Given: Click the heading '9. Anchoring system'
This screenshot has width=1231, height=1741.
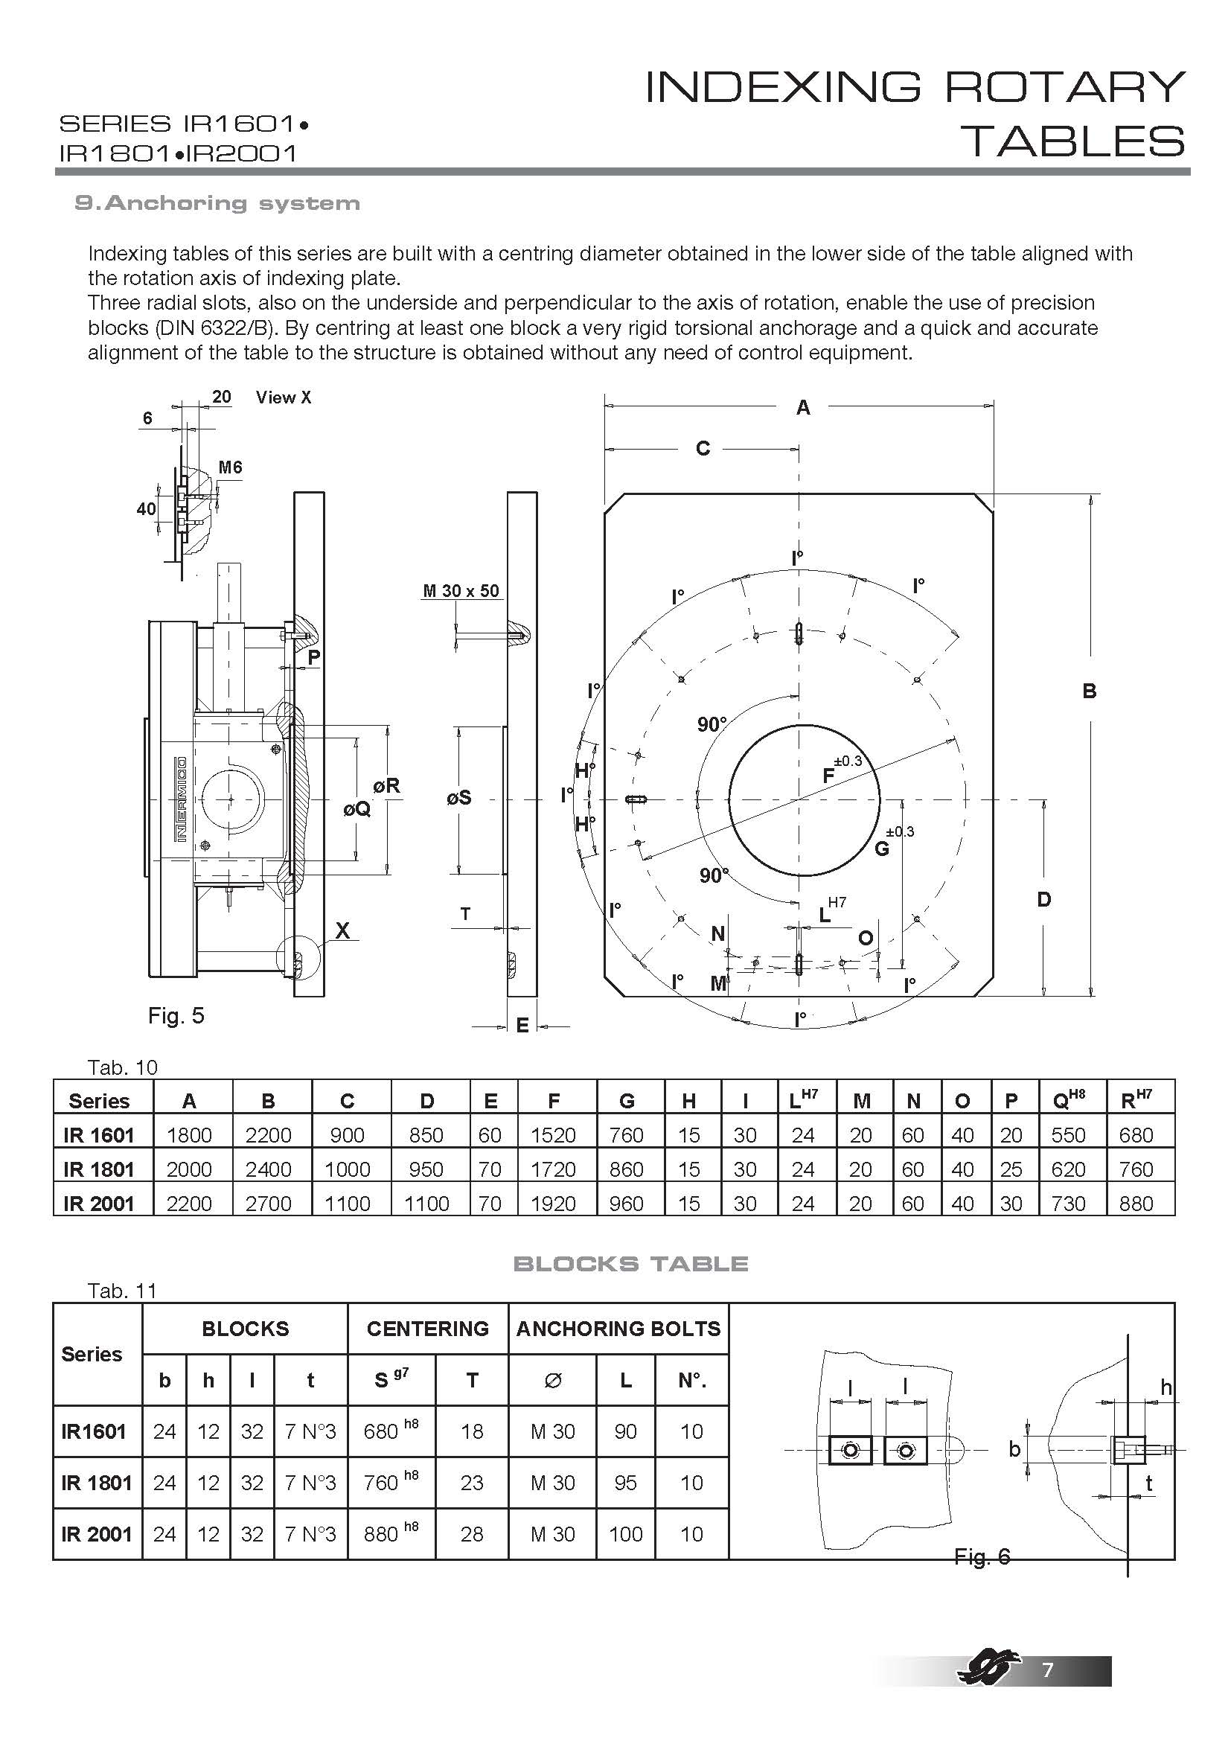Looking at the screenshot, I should (x=217, y=203).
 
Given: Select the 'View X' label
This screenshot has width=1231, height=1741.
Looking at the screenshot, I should (x=284, y=397).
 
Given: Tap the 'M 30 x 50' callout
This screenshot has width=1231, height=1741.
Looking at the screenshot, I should (x=461, y=591).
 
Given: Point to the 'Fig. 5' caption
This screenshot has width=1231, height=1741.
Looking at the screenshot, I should (x=176, y=1015).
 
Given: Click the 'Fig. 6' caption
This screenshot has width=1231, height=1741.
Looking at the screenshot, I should (x=982, y=1556).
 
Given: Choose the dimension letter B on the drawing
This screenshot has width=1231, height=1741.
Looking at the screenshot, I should (x=1090, y=691).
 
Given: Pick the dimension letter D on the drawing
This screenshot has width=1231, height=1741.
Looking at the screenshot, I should (x=1043, y=899).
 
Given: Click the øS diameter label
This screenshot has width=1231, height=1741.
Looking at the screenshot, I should (x=459, y=797).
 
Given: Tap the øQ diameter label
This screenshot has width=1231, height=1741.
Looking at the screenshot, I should (x=357, y=809).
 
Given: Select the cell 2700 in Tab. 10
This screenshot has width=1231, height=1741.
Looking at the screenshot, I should (x=269, y=1203).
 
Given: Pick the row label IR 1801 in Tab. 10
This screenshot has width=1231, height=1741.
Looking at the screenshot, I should (x=98, y=1169).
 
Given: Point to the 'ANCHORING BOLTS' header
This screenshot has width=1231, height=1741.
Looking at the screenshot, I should (x=618, y=1329).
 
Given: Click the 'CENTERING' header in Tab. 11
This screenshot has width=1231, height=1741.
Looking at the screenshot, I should (x=427, y=1329).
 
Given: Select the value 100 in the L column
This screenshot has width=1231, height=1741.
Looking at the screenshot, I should (x=625, y=1534).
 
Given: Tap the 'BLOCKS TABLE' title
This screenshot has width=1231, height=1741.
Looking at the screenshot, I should (x=630, y=1263).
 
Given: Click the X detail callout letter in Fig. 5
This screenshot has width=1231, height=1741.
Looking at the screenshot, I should (x=342, y=930).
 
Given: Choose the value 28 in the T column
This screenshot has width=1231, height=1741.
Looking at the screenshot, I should (x=471, y=1534).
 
